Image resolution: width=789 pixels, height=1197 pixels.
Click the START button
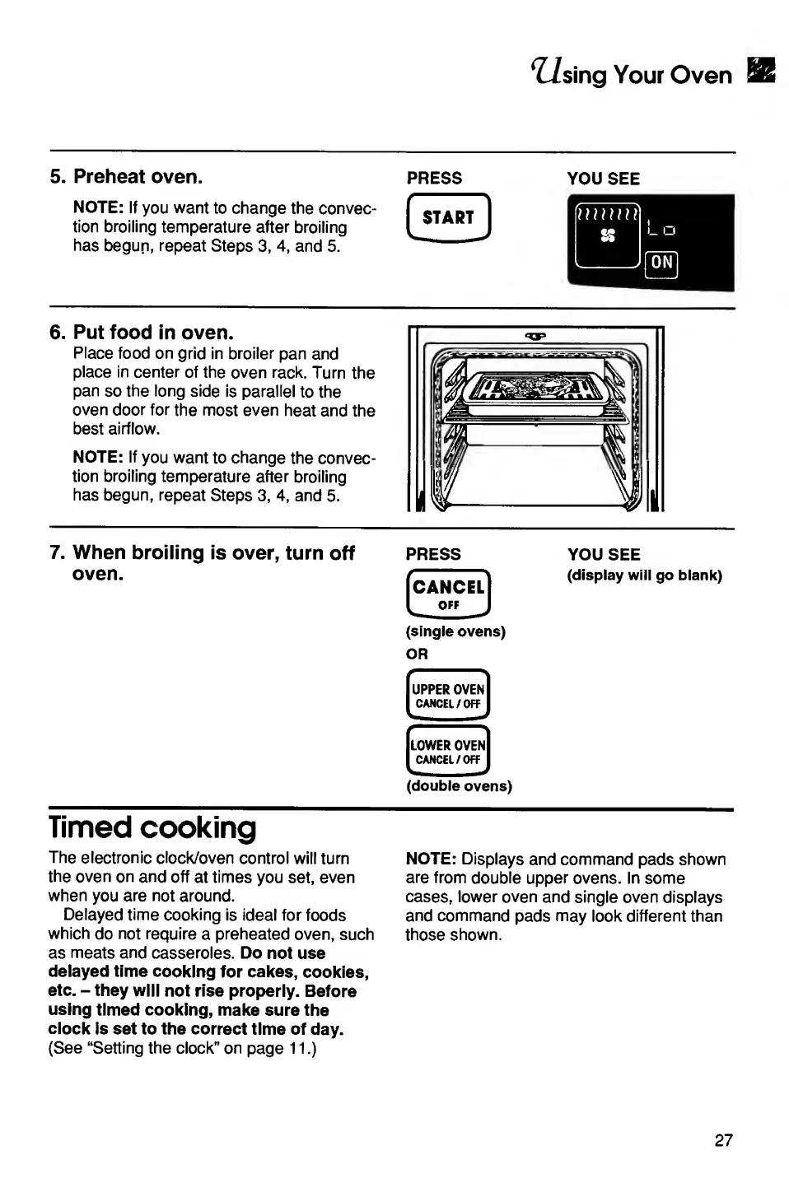[x=448, y=218]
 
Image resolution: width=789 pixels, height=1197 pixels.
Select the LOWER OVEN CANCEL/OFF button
[x=448, y=751]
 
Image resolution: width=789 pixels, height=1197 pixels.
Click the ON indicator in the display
[x=661, y=263]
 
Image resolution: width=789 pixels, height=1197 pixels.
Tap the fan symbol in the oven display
[x=608, y=236]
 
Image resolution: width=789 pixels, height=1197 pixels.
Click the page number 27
[x=723, y=1140]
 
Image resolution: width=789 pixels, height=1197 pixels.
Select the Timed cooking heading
[x=152, y=827]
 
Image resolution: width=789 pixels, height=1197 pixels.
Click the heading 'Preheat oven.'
[x=138, y=177]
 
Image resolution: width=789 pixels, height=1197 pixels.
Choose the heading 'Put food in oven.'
[x=153, y=333]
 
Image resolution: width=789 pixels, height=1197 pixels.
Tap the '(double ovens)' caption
[x=459, y=786]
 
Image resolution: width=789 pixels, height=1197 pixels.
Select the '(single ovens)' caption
[x=455, y=631]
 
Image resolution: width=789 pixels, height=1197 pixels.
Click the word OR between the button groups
[x=417, y=654]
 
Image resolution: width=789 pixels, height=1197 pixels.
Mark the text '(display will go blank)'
[x=644, y=575]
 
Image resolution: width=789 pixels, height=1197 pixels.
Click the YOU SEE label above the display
[x=603, y=179]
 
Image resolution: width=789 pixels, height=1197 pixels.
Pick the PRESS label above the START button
[x=434, y=178]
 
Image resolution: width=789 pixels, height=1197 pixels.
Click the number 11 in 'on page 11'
[x=296, y=1049]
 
